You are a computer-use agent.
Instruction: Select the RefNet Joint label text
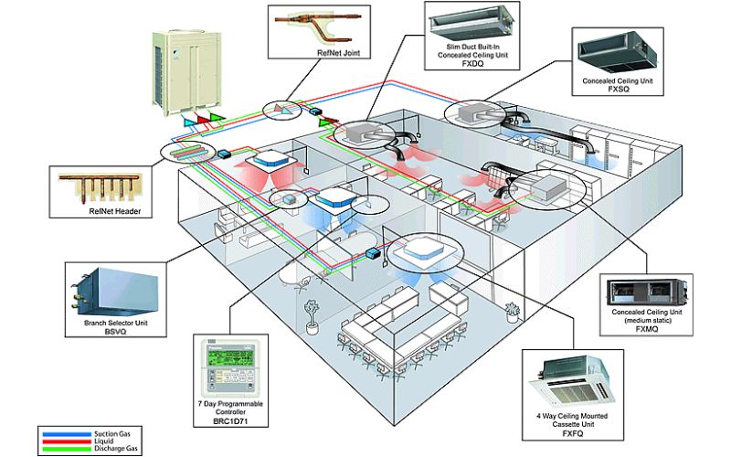click(338, 53)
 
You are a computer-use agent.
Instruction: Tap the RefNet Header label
click(115, 211)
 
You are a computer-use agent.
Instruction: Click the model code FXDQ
click(472, 64)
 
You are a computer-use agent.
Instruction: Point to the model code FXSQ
click(619, 89)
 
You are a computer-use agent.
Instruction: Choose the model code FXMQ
click(647, 329)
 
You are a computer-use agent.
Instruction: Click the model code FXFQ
click(573, 433)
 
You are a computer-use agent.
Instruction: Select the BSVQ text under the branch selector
click(115, 332)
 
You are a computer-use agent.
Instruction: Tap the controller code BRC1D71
click(231, 421)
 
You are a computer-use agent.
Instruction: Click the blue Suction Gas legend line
click(65, 434)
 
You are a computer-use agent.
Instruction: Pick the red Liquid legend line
click(65, 441)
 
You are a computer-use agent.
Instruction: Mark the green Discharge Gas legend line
click(65, 449)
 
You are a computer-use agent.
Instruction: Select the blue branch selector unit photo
click(115, 292)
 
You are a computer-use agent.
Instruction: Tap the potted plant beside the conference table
click(311, 317)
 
